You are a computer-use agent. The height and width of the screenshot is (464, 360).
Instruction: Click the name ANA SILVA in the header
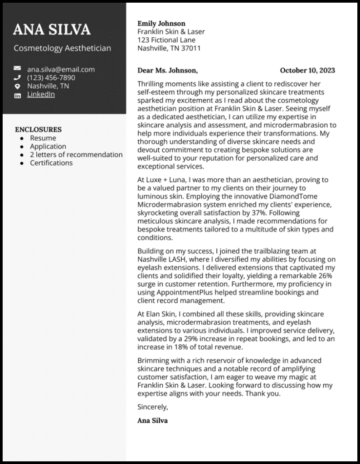(52, 29)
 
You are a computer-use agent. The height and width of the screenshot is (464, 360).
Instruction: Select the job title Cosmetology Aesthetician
(62, 48)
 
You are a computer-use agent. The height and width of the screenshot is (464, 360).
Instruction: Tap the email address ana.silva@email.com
(61, 69)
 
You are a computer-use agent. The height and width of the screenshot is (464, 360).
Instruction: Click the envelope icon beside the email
(17, 69)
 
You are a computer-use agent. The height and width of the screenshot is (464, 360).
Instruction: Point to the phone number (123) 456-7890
(51, 77)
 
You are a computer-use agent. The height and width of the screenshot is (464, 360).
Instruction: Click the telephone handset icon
(17, 77)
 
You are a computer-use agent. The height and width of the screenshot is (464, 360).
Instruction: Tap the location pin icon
(17, 86)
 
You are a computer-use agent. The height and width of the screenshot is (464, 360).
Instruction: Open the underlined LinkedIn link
(41, 94)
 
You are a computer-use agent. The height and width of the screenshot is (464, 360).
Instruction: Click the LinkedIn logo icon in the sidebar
(17, 95)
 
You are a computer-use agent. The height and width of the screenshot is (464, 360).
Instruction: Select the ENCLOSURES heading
(38, 130)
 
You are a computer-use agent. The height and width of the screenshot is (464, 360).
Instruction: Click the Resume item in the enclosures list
(43, 138)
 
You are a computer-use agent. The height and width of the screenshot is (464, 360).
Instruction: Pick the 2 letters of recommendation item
(76, 155)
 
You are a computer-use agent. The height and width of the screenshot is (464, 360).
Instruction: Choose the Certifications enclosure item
(51, 163)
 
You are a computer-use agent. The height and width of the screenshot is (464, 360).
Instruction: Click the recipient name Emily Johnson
(161, 24)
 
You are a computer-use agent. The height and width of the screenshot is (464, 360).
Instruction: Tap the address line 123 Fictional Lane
(166, 40)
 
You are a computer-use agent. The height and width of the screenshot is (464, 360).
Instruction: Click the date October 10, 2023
(307, 70)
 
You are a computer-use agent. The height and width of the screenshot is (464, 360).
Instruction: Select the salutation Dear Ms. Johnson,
(167, 70)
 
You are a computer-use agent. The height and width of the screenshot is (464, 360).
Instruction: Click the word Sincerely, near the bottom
(153, 406)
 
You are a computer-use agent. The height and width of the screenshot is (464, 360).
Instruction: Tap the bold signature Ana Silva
(152, 420)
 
